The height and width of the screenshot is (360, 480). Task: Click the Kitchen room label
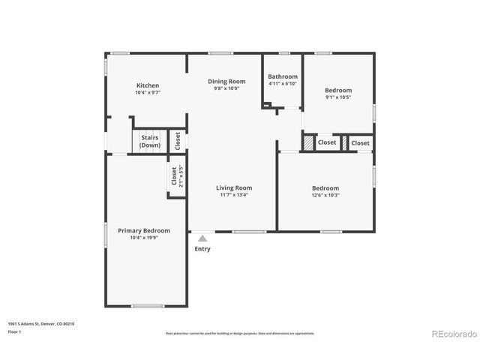pos(147,85)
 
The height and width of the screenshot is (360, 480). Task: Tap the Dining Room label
pos(226,81)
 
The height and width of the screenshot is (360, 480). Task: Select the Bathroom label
pos(283,76)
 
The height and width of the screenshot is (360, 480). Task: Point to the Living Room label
pos(234,187)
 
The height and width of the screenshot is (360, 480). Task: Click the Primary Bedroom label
pos(144,230)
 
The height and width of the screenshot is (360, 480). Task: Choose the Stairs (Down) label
pos(149,141)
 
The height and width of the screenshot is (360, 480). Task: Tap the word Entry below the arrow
pos(202,249)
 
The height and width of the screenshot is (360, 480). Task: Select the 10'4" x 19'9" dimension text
pos(144,238)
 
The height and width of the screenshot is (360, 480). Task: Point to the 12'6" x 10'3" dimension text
pos(325,196)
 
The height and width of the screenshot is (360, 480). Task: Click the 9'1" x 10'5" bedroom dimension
pos(338,97)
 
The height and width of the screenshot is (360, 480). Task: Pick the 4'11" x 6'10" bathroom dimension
pos(283,83)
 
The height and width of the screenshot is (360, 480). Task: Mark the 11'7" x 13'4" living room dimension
pos(234,195)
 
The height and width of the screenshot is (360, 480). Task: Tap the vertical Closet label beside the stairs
pos(177,140)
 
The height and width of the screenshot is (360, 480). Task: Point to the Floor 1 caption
pos(15,331)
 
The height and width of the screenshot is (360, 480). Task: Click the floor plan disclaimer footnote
pos(240,333)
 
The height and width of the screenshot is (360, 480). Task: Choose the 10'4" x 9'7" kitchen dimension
pos(147,93)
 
